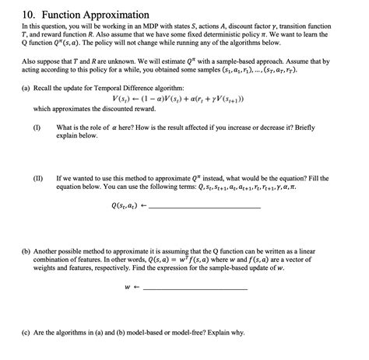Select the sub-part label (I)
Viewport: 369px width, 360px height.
[x=37, y=127]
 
